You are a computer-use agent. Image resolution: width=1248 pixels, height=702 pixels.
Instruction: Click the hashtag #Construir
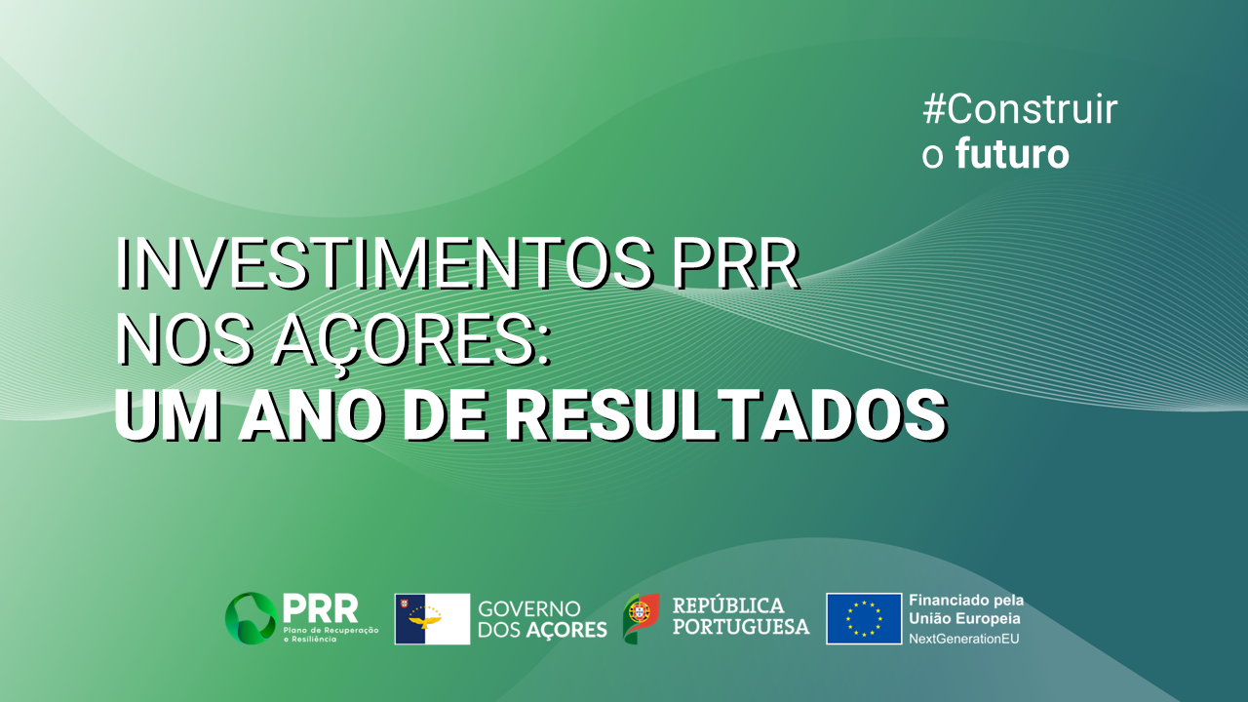click(1020, 109)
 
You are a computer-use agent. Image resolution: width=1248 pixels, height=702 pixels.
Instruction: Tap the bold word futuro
click(1012, 154)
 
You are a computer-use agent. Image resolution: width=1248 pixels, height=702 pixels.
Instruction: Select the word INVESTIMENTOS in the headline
click(385, 264)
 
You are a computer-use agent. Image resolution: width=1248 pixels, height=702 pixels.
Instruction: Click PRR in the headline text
click(736, 264)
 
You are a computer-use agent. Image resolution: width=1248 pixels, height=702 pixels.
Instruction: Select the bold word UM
click(167, 416)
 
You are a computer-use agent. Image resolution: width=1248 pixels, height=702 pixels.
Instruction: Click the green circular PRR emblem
click(252, 618)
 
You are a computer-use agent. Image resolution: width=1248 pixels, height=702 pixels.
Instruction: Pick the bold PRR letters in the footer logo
click(321, 608)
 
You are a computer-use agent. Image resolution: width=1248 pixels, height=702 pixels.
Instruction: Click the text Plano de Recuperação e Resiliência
click(331, 635)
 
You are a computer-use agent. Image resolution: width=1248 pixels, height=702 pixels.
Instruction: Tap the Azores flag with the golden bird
click(432, 619)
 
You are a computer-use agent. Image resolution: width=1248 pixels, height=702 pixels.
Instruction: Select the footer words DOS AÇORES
click(542, 630)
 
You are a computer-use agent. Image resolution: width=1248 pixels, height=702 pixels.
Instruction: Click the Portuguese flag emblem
click(642, 618)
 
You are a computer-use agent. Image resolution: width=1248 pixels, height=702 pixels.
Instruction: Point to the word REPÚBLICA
click(728, 605)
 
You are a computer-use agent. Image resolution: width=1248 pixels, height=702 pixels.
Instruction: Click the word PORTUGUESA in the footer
click(741, 627)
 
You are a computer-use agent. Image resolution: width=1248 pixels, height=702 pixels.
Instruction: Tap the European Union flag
click(864, 618)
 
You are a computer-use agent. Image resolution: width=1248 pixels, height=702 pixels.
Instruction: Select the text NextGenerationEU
click(964, 639)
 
